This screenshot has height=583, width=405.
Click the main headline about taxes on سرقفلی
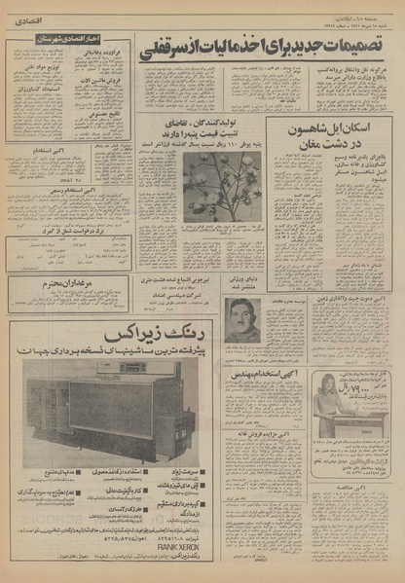click(x=264, y=45)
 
